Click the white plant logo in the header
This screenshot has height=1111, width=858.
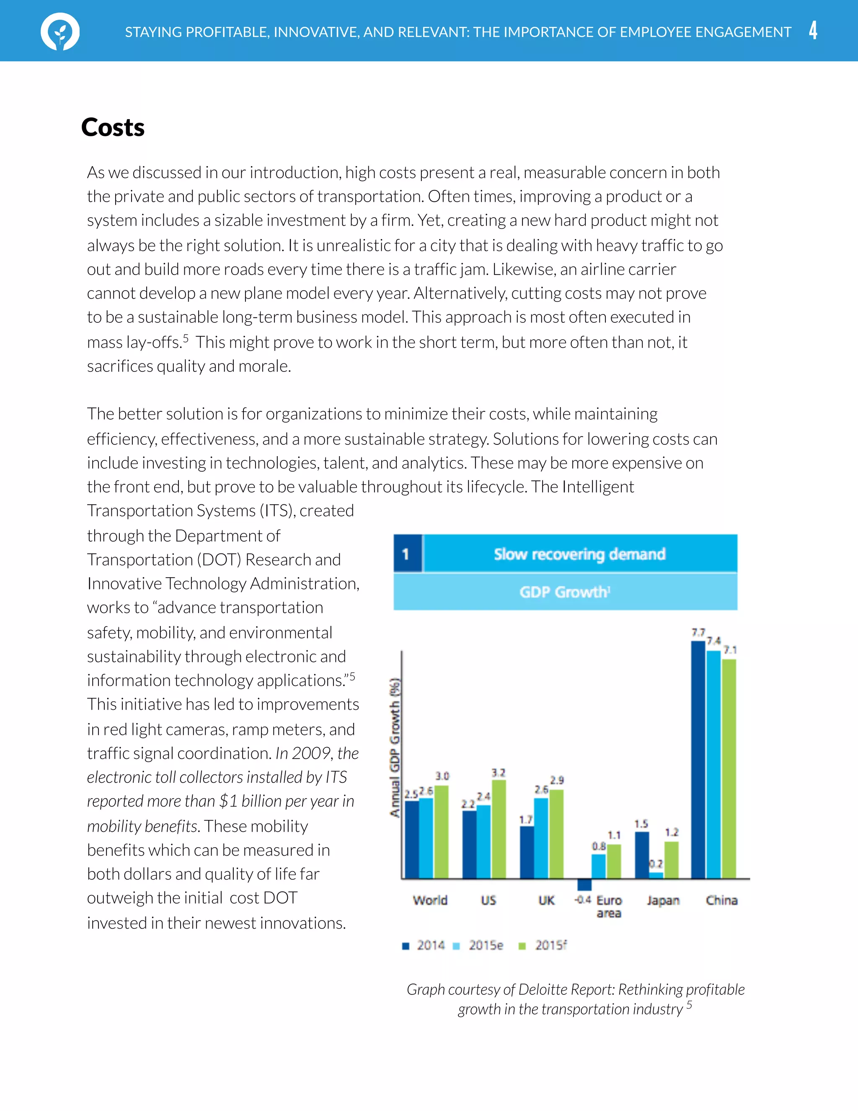pyautogui.click(x=60, y=31)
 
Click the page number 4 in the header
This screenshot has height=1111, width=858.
pyautogui.click(x=813, y=31)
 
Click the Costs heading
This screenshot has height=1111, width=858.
pyautogui.click(x=113, y=127)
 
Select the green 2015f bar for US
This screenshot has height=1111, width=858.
pyautogui.click(x=499, y=829)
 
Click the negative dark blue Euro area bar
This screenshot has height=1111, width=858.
pyautogui.click(x=584, y=884)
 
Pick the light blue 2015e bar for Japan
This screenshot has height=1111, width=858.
pyautogui.click(x=656, y=875)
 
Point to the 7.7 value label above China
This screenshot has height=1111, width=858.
pyautogui.click(x=698, y=632)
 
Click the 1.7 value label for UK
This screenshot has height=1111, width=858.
pyautogui.click(x=526, y=820)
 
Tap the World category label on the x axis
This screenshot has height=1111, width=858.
pyautogui.click(x=430, y=901)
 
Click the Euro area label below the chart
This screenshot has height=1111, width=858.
pyautogui.click(x=609, y=906)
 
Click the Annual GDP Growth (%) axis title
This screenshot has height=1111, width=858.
pyautogui.click(x=395, y=748)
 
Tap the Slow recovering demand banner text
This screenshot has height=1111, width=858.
pyautogui.click(x=579, y=554)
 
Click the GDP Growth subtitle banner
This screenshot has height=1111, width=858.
pyautogui.click(x=565, y=592)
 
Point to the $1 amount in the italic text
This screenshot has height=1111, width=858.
pyautogui.click(x=228, y=801)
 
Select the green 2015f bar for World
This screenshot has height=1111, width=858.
pyautogui.click(x=441, y=832)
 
